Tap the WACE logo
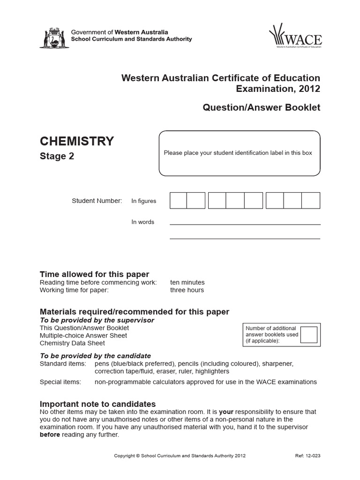pyautogui.click(x=295, y=37)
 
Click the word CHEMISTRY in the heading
pyautogui.click(x=77, y=141)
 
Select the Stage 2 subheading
pyautogui.click(x=57, y=157)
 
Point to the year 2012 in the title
pyautogui.click(x=307, y=89)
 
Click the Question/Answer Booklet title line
pyautogui.click(x=261, y=107)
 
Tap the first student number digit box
pyautogui.click(x=178, y=201)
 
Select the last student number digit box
pyautogui.click(x=311, y=201)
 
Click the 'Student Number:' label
pyautogui.click(x=97, y=201)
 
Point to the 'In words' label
pyautogui.click(x=142, y=222)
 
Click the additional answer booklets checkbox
pyautogui.click(x=309, y=335)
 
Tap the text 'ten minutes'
pyautogui.click(x=187, y=283)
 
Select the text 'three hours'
pyautogui.click(x=187, y=290)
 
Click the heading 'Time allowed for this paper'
pyautogui.click(x=94, y=274)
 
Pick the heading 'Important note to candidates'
pyautogui.click(x=97, y=404)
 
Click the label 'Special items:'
pyautogui.click(x=60, y=382)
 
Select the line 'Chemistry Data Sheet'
pyautogui.click(x=72, y=343)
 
